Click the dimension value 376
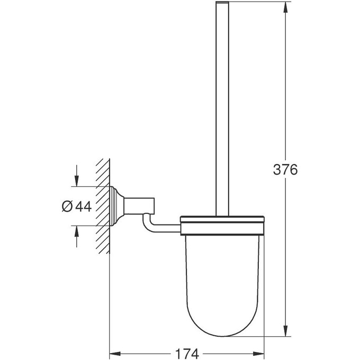[x=285, y=170]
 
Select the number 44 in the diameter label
[x=83, y=206]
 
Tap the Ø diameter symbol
[x=67, y=206]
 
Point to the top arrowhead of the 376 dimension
[x=286, y=7]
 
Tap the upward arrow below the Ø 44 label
[x=77, y=233]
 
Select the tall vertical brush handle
[x=222, y=106]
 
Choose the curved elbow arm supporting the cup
[x=151, y=225]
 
